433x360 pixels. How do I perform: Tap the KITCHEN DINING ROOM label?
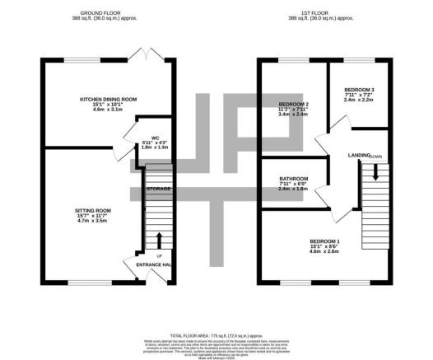pyautogui.click(x=107, y=98)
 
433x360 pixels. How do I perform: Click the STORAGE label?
pyautogui.click(x=158, y=189)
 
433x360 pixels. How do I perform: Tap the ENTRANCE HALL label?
pyautogui.click(x=153, y=264)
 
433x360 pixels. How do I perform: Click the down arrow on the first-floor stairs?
pyautogui.click(x=375, y=173)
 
